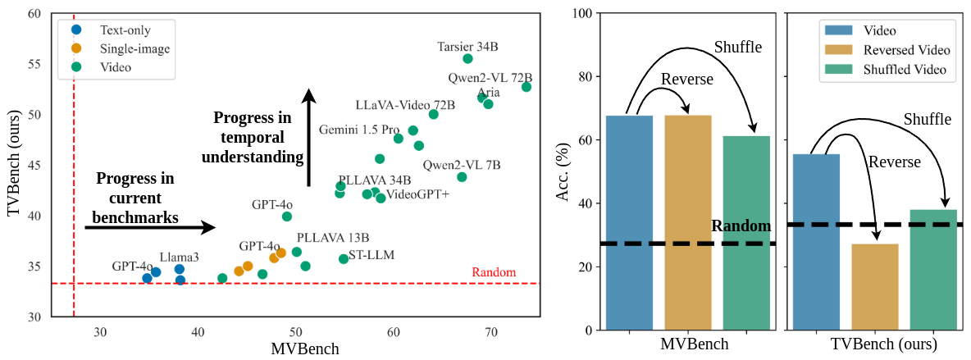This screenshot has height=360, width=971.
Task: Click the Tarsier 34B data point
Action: (467, 58)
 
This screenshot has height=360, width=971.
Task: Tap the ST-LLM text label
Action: (372, 255)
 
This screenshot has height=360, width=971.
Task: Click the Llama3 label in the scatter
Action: (180, 257)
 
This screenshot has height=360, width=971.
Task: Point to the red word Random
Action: (495, 272)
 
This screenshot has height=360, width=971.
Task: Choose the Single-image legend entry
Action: (134, 48)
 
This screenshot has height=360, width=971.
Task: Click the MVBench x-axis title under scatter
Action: (305, 349)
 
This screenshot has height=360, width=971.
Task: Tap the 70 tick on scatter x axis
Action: (491, 330)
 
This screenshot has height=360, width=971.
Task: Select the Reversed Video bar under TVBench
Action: (874, 287)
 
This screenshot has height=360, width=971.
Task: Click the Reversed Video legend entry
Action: (906, 50)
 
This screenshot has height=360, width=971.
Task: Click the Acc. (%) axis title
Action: (563, 171)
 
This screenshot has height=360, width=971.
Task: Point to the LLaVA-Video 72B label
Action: (405, 106)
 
